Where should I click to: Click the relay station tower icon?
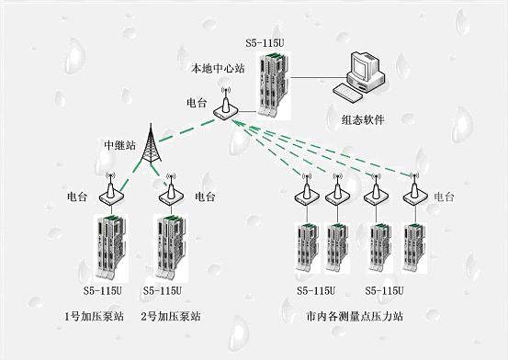[x=151, y=143]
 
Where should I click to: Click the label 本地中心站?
[x=218, y=68]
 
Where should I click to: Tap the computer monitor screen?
[x=360, y=68]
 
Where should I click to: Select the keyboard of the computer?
[x=348, y=93]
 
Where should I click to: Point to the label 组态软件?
[x=363, y=119]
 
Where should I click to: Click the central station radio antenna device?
[x=226, y=105]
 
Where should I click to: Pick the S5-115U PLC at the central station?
[x=274, y=84]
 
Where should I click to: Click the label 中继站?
[x=119, y=145]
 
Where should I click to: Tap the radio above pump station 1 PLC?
[x=111, y=189]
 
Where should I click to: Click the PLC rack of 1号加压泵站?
[x=111, y=247]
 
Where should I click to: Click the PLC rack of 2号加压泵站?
[x=172, y=247]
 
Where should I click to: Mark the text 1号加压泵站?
[x=95, y=316]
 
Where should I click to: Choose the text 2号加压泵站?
[x=171, y=316]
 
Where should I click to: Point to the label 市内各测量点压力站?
[x=355, y=316]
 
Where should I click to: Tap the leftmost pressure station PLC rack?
[x=307, y=247]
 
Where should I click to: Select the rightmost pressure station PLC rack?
[x=414, y=248]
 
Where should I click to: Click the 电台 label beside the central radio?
[x=197, y=103]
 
